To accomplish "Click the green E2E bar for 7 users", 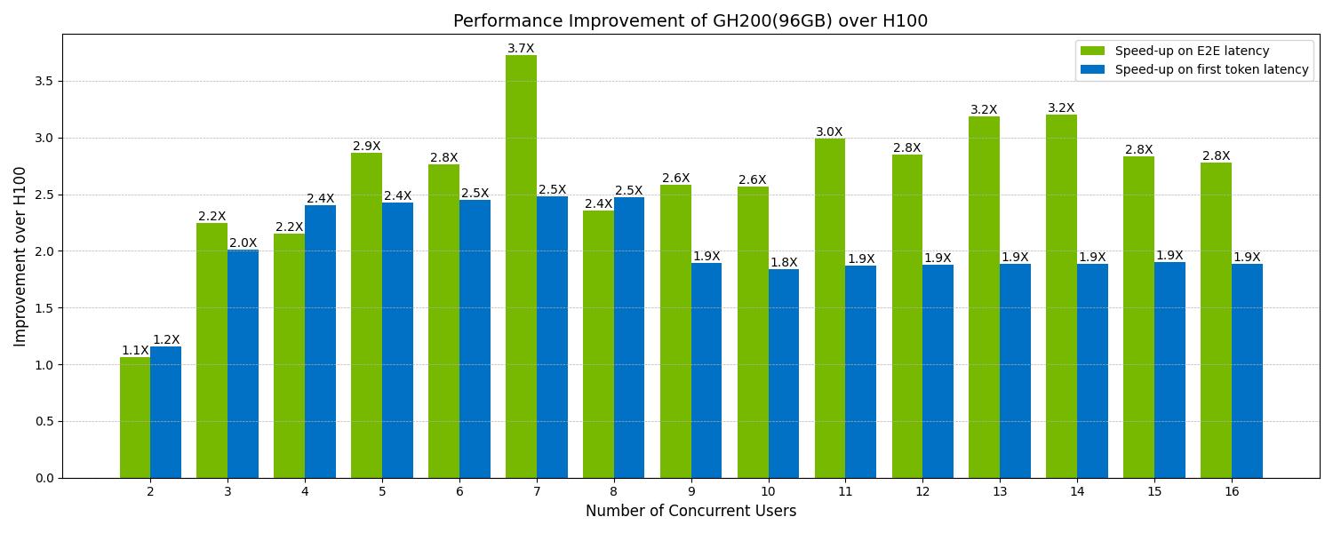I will [521, 266].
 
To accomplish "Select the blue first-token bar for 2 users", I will [165, 412].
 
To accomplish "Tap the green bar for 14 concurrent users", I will [1061, 297].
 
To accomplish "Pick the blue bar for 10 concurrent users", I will [784, 373].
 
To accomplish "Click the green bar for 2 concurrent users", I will [135, 418].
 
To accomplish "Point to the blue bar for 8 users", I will [629, 338].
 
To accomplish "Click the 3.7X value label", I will [521, 49].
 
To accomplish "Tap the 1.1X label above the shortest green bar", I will [135, 351].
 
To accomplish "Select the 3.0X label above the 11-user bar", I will [829, 132].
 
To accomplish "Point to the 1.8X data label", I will [784, 263].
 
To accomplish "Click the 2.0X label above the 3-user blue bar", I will [243, 243].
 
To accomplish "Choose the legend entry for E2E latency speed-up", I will [1192, 52].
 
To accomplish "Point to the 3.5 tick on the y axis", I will [43, 81].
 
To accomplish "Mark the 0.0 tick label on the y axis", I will [43, 478].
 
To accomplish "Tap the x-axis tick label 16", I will [1231, 491].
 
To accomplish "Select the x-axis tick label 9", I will [690, 491].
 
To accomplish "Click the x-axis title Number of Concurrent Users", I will [690, 511].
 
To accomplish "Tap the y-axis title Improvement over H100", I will [20, 257].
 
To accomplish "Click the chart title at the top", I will [690, 21].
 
